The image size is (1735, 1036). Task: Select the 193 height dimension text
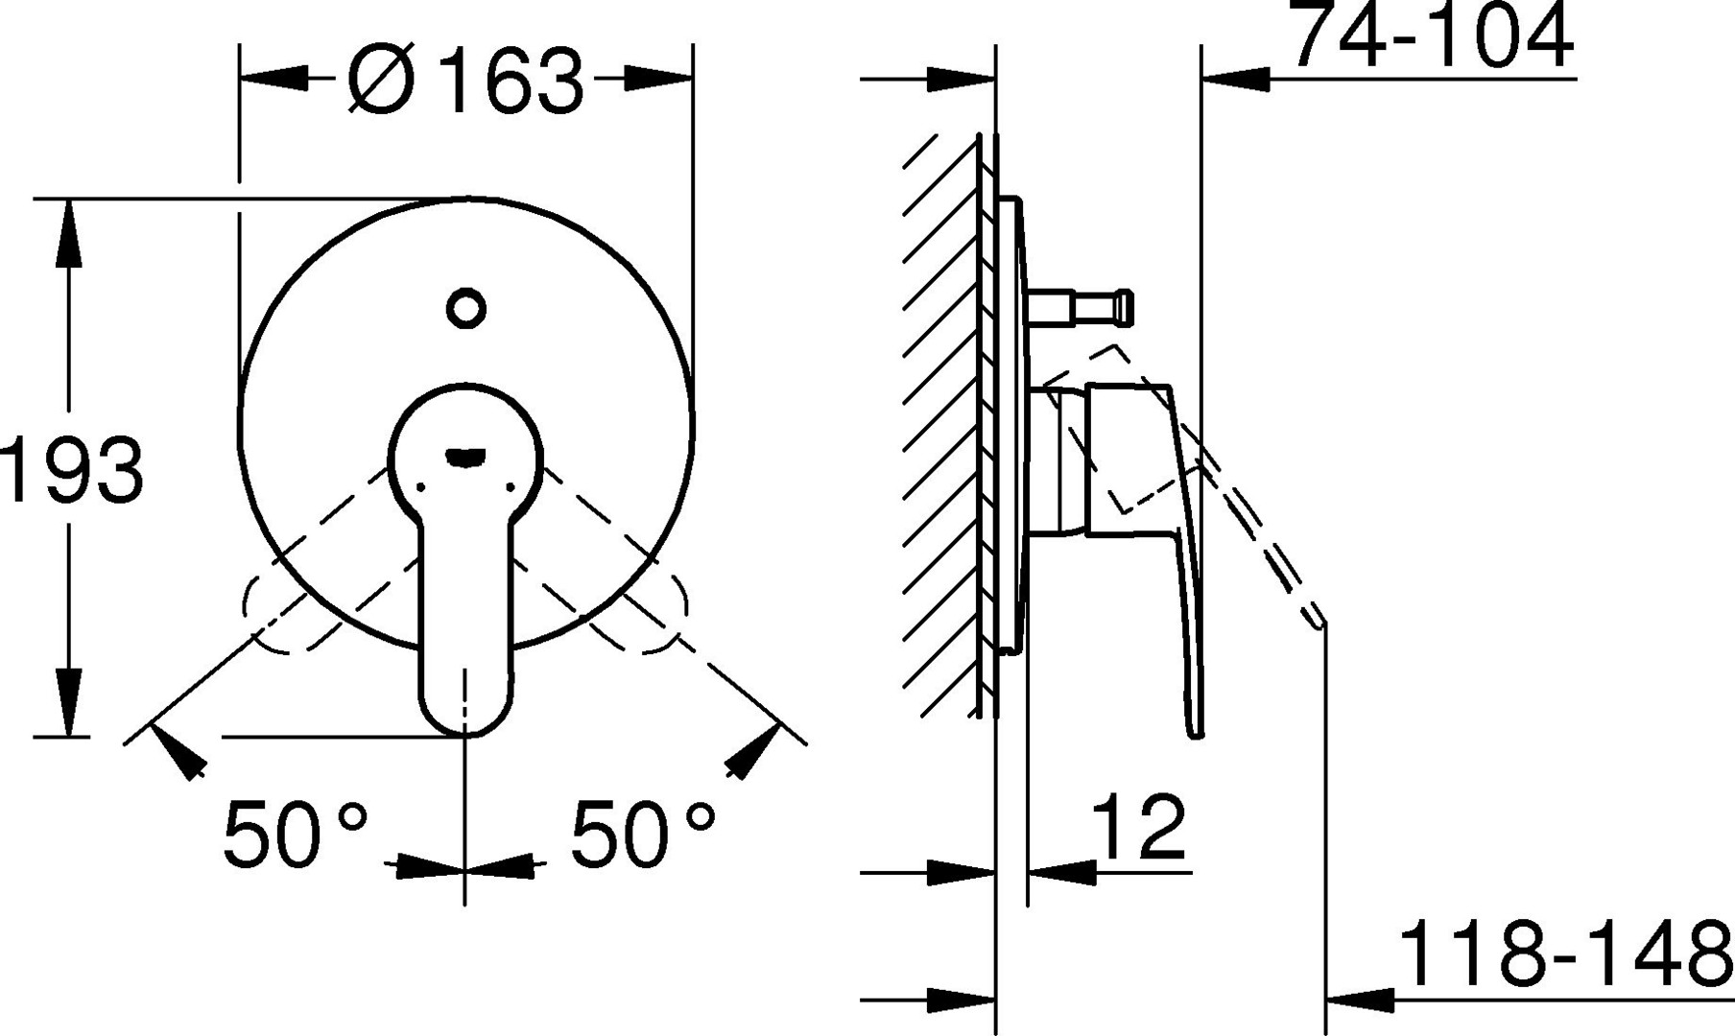point(72,470)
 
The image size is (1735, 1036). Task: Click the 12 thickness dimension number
point(1140,825)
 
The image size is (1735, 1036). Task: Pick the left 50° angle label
point(296,833)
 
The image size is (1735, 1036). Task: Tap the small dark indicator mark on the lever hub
point(465,459)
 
